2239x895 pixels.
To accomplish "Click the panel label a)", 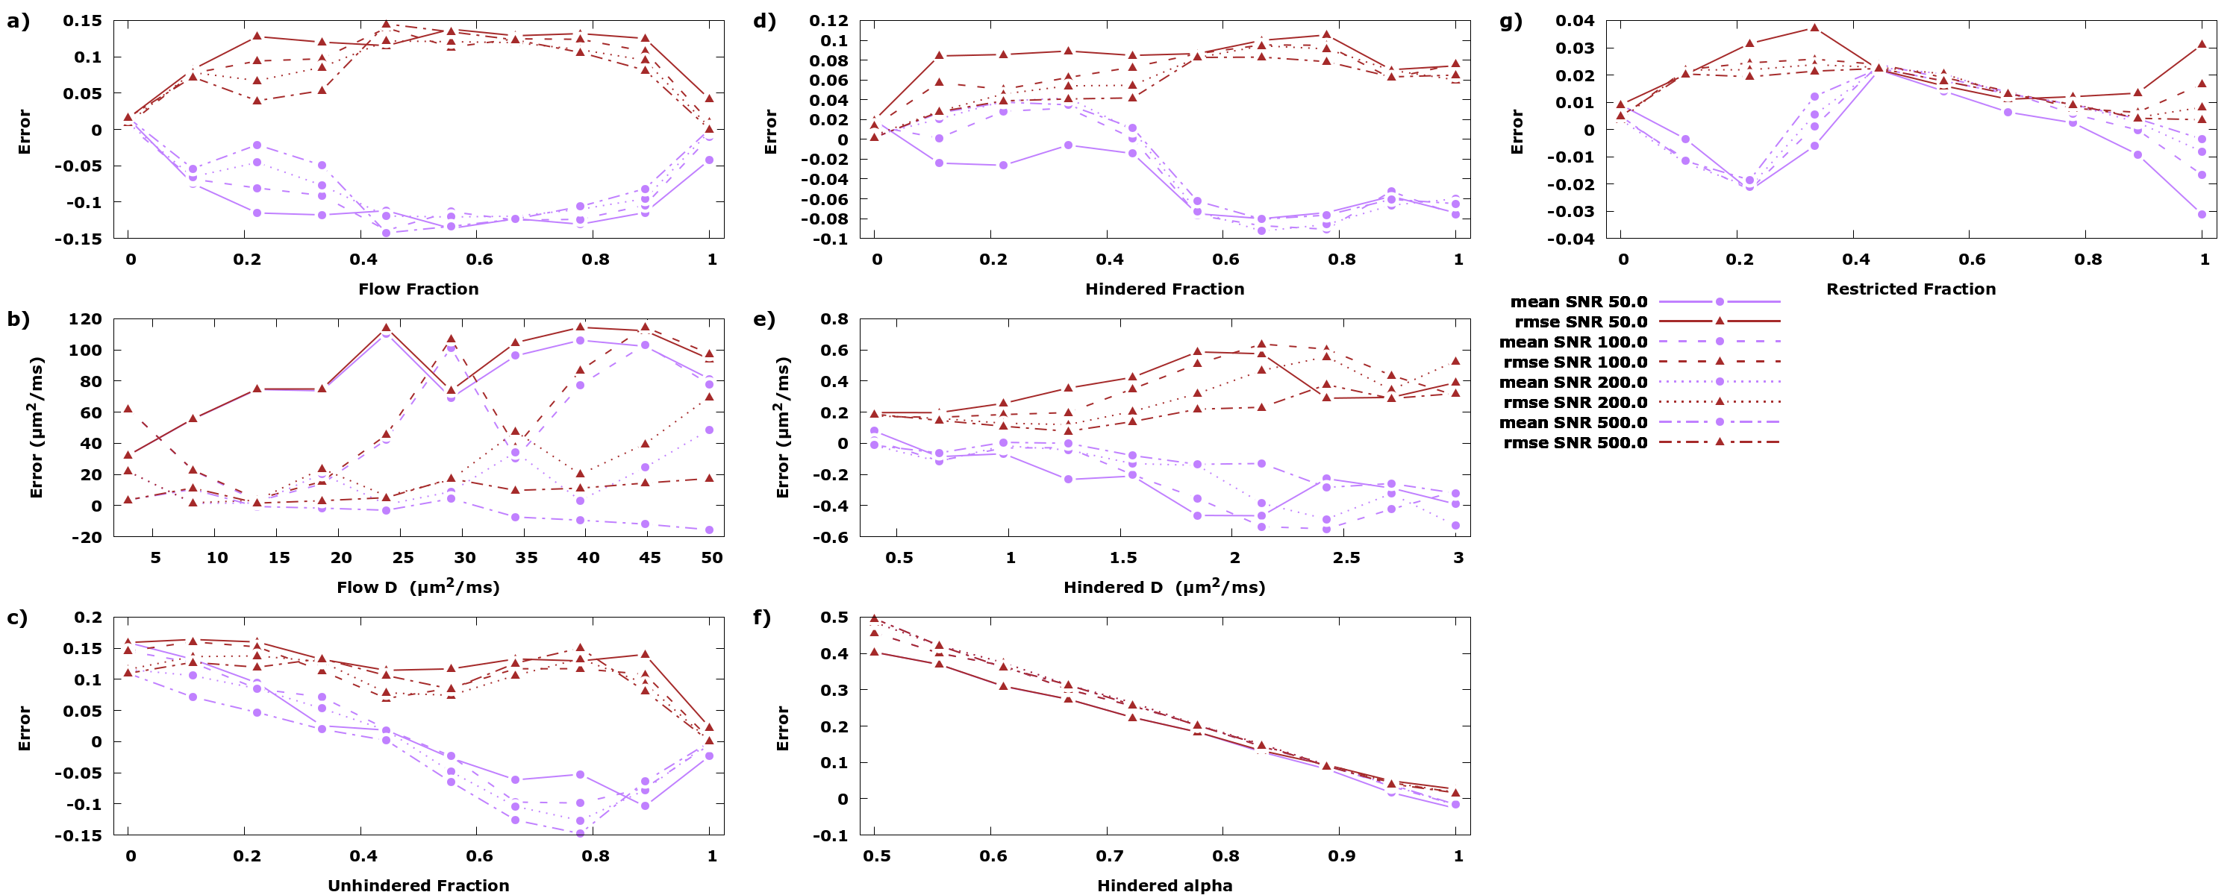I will (18, 21).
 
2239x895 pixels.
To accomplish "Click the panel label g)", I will (1511, 21).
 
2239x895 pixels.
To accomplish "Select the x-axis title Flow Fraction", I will (418, 289).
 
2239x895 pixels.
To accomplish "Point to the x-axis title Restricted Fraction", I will (1911, 289).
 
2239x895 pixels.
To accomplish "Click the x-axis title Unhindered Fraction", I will (418, 885).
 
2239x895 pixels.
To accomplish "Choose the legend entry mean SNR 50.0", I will (1578, 302).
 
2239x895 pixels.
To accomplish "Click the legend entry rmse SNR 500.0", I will (1575, 443).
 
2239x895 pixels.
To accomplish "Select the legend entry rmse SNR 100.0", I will (1575, 362).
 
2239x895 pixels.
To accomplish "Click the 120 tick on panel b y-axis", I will (85, 320).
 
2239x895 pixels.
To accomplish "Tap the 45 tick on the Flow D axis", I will (649, 558).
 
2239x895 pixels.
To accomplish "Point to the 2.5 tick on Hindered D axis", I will (1346, 558).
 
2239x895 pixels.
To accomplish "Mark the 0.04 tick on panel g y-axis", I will (1575, 21).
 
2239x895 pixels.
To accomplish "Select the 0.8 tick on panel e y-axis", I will (834, 320).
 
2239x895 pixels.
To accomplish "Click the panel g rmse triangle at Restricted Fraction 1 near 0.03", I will (2202, 44).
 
